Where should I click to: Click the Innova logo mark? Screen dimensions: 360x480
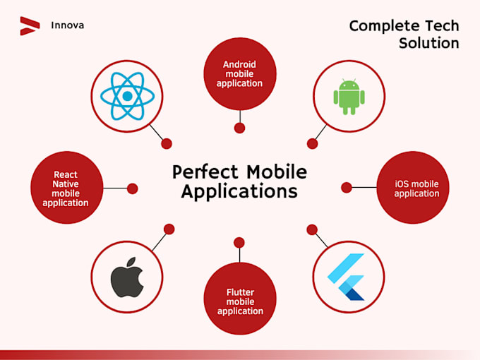tap(29, 25)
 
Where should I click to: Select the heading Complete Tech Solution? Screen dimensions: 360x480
tap(404, 35)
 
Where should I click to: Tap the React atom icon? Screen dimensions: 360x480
tap(127, 96)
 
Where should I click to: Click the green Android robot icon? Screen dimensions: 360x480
tap(348, 96)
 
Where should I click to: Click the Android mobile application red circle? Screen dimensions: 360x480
tap(239, 73)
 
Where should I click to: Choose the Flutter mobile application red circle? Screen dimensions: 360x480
tap(239, 301)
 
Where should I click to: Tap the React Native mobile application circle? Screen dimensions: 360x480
tap(66, 188)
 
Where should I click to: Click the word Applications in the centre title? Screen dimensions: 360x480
tap(239, 191)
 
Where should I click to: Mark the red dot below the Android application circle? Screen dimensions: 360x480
tap(239, 128)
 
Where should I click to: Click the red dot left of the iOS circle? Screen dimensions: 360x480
tap(347, 187)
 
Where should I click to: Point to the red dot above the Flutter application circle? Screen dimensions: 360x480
tap(239, 243)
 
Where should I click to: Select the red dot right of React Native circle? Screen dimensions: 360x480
tap(132, 188)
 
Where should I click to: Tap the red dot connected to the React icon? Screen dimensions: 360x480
tap(167, 143)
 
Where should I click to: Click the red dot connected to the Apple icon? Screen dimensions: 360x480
tap(169, 229)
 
